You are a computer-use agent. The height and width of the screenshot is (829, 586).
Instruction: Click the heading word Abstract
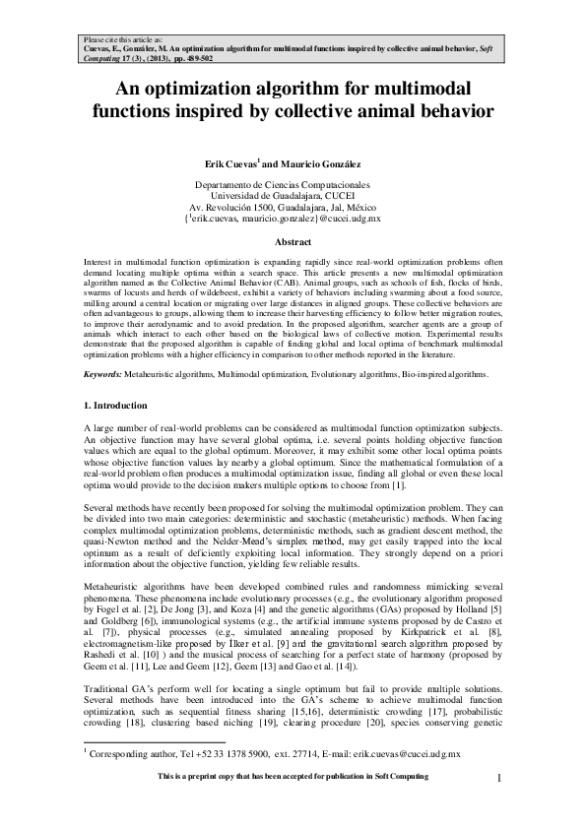pyautogui.click(x=293, y=241)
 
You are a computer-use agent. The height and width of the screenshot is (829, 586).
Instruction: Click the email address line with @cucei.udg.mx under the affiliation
pyautogui.click(x=293, y=218)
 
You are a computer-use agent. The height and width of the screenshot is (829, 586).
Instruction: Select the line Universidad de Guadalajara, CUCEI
pyautogui.click(x=293, y=196)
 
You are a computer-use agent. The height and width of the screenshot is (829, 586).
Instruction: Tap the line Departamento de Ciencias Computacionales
pyautogui.click(x=293, y=185)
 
